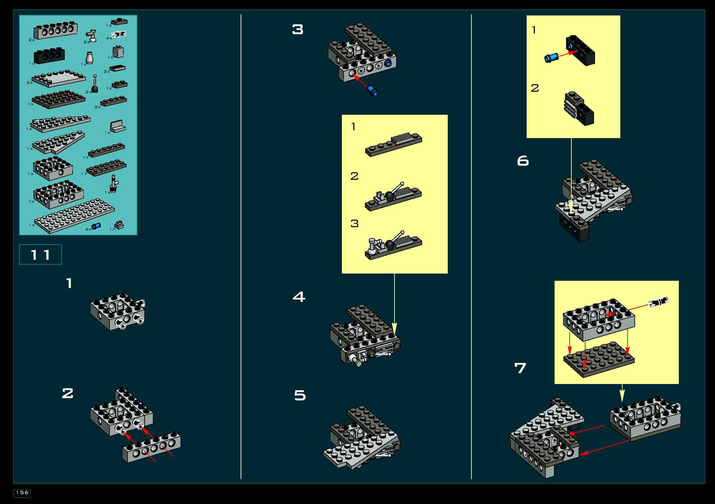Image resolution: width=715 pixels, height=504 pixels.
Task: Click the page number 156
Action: click(22, 492)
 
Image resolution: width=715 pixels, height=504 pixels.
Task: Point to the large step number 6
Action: click(523, 161)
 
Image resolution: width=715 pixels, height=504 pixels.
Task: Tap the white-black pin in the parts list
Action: click(120, 34)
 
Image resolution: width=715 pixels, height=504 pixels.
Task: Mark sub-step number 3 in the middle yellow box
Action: click(354, 223)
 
